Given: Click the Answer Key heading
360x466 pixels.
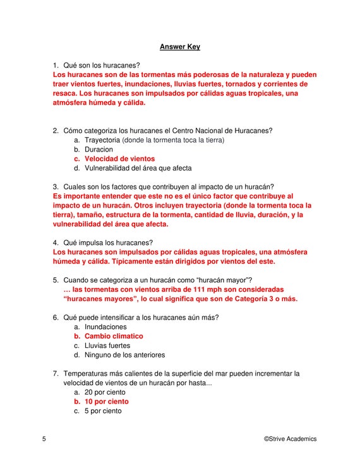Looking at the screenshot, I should click(179, 47).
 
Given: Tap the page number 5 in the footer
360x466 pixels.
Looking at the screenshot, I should click(44, 439).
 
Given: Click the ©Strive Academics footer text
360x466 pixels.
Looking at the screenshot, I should click(290, 439).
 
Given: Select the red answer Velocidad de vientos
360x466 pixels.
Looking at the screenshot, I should click(119, 159).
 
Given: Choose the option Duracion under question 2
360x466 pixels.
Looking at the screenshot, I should click(99, 150).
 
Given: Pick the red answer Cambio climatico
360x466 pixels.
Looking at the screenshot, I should click(114, 337).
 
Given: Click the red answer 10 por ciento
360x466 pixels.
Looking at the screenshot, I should click(106, 402).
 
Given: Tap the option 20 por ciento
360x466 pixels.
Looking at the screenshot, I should click(105, 392).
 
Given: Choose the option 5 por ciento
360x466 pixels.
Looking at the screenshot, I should click(103, 411).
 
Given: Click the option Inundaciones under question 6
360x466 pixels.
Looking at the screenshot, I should click(105, 327).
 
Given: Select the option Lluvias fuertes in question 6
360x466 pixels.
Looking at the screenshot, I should click(107, 345).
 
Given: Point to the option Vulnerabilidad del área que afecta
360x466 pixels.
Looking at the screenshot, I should click(138, 169).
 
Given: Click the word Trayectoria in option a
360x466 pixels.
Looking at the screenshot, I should click(102, 140).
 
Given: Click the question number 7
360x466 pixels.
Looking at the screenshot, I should click(56, 374).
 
